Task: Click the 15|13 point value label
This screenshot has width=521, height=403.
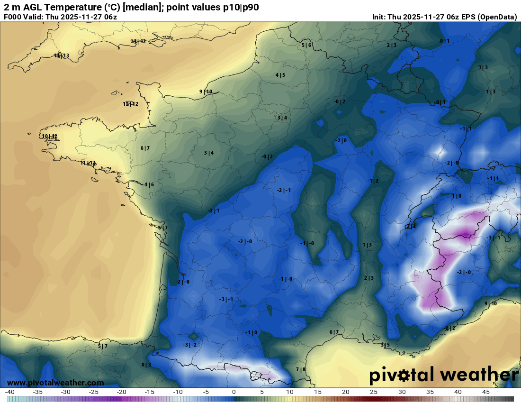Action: point(62,55)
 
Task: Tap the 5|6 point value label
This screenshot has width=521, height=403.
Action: point(306,45)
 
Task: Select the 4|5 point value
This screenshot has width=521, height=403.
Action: point(280,75)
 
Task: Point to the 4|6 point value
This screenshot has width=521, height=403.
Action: point(149,184)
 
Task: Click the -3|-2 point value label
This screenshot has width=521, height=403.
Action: point(189,345)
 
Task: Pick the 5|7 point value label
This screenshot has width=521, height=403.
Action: point(103,346)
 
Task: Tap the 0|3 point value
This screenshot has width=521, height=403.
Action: point(146,365)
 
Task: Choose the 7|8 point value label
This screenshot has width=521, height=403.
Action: point(301,369)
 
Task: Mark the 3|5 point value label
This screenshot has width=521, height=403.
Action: point(385,345)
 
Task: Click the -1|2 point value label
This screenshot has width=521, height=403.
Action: point(373,181)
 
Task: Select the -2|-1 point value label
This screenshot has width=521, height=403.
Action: point(284,190)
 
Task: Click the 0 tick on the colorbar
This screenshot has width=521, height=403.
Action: point(234,392)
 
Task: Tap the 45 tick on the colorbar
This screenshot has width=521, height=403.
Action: point(485,392)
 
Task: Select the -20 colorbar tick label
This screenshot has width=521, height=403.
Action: point(121,392)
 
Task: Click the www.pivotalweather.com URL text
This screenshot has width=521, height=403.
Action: point(55,383)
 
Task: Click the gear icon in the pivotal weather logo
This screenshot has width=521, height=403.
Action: point(404,376)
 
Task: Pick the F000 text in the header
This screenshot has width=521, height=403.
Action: point(12,17)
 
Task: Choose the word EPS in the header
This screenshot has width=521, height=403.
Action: point(467,17)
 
